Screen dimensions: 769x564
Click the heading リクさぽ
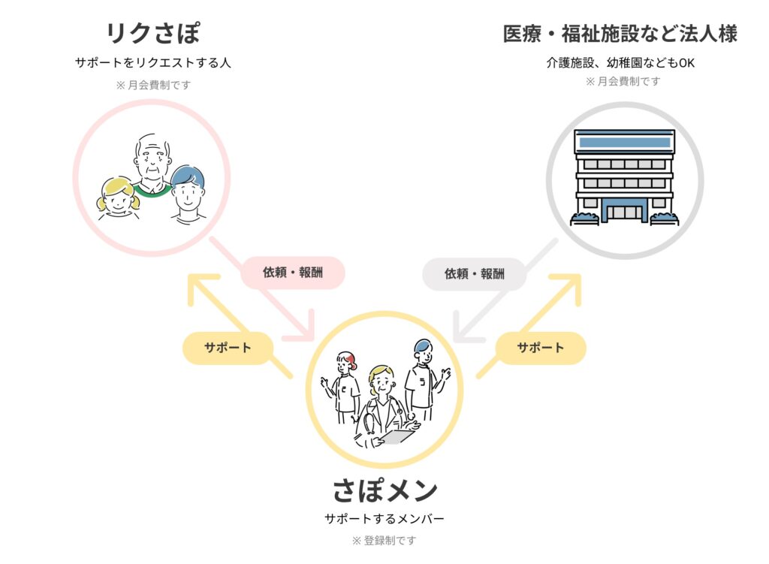tap(153, 33)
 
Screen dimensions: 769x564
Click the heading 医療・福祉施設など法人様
tap(620, 34)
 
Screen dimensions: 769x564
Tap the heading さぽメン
tap(384, 490)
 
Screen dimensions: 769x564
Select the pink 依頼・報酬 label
tap(293, 272)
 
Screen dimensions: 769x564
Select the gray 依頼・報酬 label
tap(475, 273)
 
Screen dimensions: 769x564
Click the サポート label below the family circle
tap(228, 348)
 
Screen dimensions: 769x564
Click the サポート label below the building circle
tap(541, 348)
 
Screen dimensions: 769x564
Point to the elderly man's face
tap(152, 161)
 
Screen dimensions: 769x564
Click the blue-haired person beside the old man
tap(188, 195)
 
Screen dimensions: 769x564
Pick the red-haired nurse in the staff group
tap(342, 387)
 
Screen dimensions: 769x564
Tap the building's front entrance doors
tap(624, 212)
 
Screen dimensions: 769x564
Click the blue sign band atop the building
tap(625, 142)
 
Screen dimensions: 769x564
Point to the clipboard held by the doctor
tap(397, 436)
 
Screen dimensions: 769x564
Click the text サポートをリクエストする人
tap(153, 62)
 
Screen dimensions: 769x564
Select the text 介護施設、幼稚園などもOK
tap(620, 63)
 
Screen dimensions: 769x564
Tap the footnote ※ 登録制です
tap(384, 541)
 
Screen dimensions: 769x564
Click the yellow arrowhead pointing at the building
tap(569, 286)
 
